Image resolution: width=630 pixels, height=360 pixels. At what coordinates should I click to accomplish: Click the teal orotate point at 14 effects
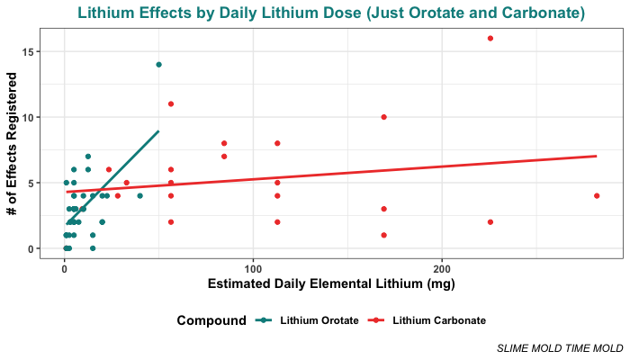coord(158,65)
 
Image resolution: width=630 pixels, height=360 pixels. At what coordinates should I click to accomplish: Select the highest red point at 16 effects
coord(490,38)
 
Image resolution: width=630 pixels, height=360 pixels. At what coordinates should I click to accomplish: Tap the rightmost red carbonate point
coord(597,195)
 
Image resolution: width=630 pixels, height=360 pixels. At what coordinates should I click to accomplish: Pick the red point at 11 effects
coord(171,103)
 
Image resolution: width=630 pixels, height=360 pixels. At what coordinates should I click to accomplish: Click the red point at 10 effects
coord(384,117)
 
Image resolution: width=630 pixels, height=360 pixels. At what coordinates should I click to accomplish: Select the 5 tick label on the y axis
coord(33,183)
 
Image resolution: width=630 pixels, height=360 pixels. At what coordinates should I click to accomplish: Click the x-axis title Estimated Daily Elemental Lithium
coord(331,284)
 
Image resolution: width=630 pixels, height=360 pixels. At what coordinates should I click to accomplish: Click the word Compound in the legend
coord(211,320)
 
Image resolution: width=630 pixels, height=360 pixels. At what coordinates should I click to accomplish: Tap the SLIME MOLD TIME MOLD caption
coord(560,347)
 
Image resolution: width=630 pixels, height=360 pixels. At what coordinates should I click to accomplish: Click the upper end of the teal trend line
coord(158,131)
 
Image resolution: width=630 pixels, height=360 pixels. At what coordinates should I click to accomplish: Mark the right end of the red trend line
coord(597,156)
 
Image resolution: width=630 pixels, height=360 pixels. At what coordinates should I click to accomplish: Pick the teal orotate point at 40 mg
coord(139,195)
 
